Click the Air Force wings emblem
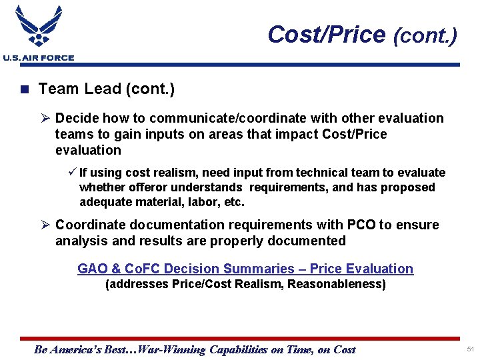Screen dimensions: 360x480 click(x=38, y=27)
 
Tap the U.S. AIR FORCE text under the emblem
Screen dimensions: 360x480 click(x=39, y=58)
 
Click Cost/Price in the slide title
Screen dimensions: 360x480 click(x=326, y=35)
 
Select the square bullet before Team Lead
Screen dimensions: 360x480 click(x=25, y=89)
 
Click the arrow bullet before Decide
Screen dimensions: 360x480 click(x=45, y=119)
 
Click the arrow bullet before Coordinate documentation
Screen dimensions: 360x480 click(x=45, y=225)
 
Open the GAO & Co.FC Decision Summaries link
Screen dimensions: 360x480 click(x=245, y=269)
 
